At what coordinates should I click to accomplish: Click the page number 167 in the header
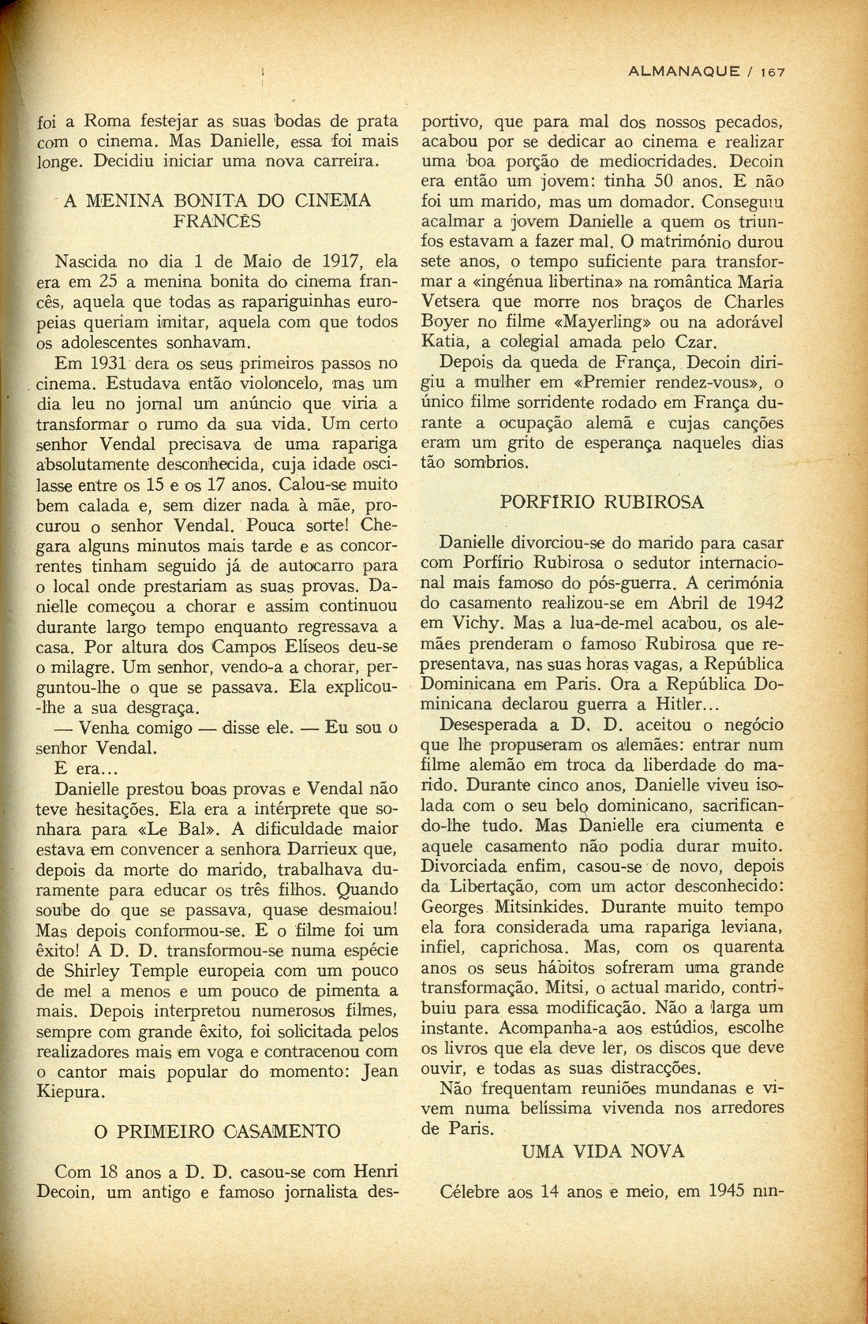(773, 72)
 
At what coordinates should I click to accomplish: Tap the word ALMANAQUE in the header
(681, 72)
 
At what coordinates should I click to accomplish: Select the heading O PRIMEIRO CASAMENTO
(217, 1131)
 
